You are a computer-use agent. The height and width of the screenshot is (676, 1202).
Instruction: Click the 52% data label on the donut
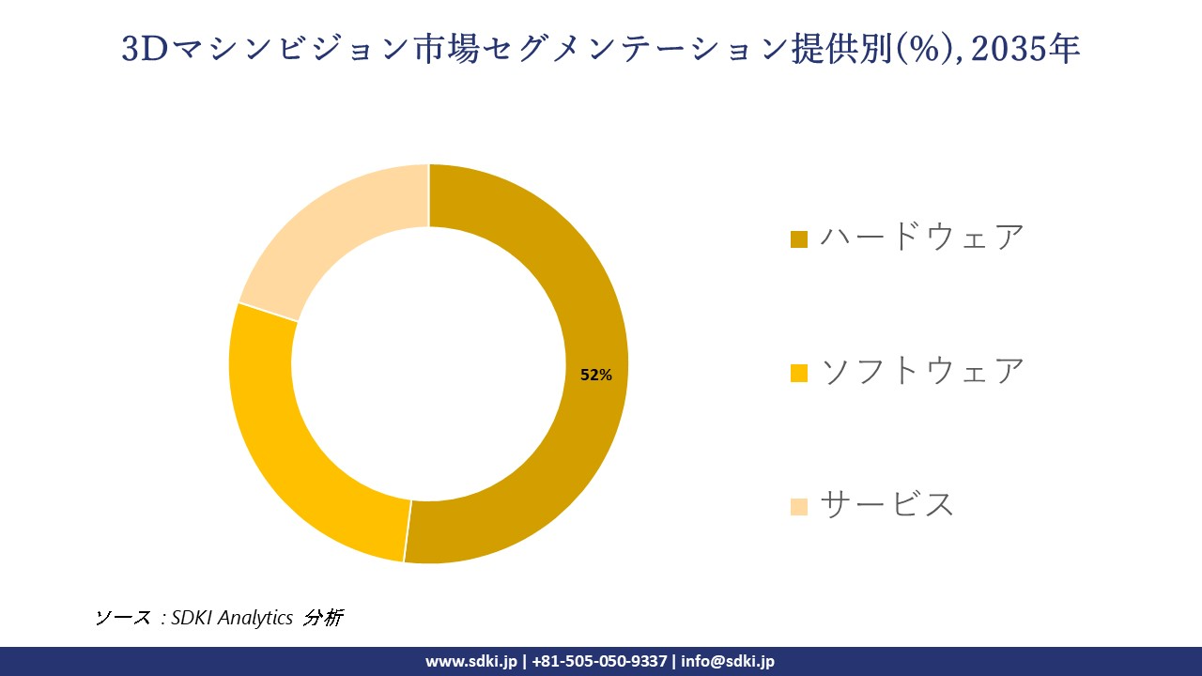coord(596,375)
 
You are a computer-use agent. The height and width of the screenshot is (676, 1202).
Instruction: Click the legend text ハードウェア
coord(921,238)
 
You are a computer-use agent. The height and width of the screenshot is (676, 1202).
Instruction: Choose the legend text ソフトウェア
coord(921,371)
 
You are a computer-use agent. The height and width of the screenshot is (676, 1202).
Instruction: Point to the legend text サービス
coord(886,505)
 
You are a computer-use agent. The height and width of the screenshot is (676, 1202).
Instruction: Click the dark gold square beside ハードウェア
coord(799,239)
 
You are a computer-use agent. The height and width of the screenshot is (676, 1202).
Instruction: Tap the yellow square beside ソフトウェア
coord(799,374)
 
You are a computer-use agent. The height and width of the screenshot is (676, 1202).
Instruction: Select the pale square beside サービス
coord(799,507)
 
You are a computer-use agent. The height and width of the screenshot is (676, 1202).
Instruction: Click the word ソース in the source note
coord(122,618)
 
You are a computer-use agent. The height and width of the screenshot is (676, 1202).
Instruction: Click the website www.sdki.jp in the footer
coord(471,661)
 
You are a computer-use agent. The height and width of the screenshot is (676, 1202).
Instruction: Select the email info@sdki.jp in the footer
coord(728,661)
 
